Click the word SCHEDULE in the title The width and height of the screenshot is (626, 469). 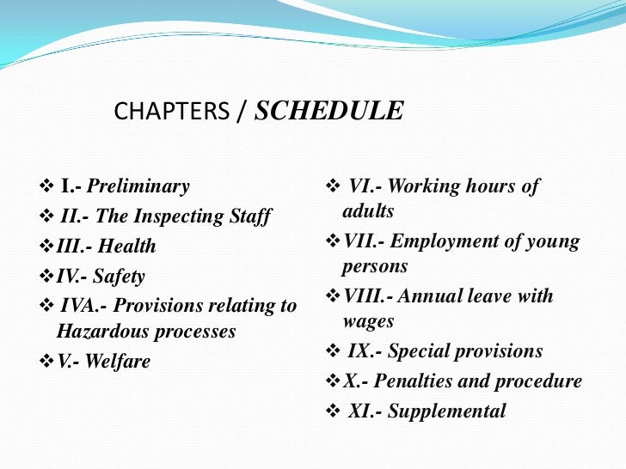tap(329, 112)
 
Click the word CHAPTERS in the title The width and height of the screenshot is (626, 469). tap(172, 113)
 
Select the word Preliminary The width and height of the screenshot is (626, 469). tap(138, 186)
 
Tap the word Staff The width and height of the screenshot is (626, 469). tap(249, 216)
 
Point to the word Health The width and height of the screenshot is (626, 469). tap(127, 247)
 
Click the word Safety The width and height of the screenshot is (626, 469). tap(120, 277)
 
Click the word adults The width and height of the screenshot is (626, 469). tap(368, 211)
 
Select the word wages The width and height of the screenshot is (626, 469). tap(368, 321)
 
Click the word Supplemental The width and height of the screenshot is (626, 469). tap(447, 411)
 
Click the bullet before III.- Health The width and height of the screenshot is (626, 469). tap(48, 247)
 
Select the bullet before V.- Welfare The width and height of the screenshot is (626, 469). tap(48, 362)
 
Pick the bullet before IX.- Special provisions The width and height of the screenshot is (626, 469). tap(334, 351)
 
